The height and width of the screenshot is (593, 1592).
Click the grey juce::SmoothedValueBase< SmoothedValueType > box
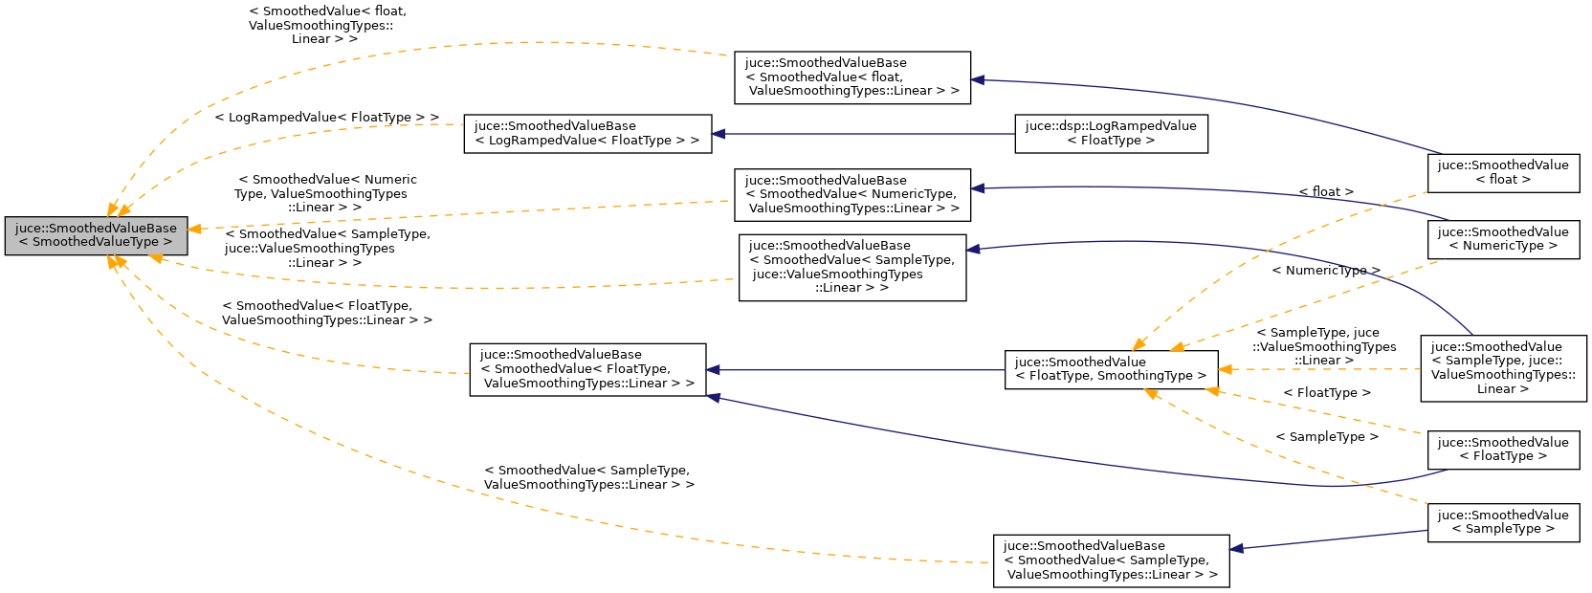96,235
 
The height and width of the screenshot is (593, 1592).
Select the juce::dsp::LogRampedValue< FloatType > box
1111,133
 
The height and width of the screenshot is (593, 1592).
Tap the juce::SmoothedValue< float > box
1502,172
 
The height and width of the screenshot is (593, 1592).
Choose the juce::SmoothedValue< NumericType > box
1502,239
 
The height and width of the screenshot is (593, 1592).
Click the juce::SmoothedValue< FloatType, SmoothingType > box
1111,369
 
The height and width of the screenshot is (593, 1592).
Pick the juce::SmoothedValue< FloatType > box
1502,450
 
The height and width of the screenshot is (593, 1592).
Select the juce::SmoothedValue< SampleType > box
1502,522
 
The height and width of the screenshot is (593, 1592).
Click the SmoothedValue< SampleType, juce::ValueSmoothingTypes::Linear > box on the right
1503,367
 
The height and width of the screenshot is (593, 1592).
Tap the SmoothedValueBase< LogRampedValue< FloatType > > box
587,133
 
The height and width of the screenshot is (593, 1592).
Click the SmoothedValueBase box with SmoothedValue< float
851,77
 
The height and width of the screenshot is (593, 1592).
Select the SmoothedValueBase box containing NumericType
851,194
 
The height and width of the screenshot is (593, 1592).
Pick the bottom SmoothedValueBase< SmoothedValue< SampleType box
1111,560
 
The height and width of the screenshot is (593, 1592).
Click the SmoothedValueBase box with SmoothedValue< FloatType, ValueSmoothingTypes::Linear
587,369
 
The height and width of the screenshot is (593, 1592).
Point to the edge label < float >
1325,192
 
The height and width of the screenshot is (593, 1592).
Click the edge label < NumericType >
1325,271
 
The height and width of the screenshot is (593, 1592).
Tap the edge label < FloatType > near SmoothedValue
1326,393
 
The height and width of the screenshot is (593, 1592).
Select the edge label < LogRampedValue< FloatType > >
326,118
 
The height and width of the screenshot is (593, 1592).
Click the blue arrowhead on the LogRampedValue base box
719,134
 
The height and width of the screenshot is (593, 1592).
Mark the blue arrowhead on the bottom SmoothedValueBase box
1236,548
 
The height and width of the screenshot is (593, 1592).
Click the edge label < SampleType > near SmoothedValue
1326,437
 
